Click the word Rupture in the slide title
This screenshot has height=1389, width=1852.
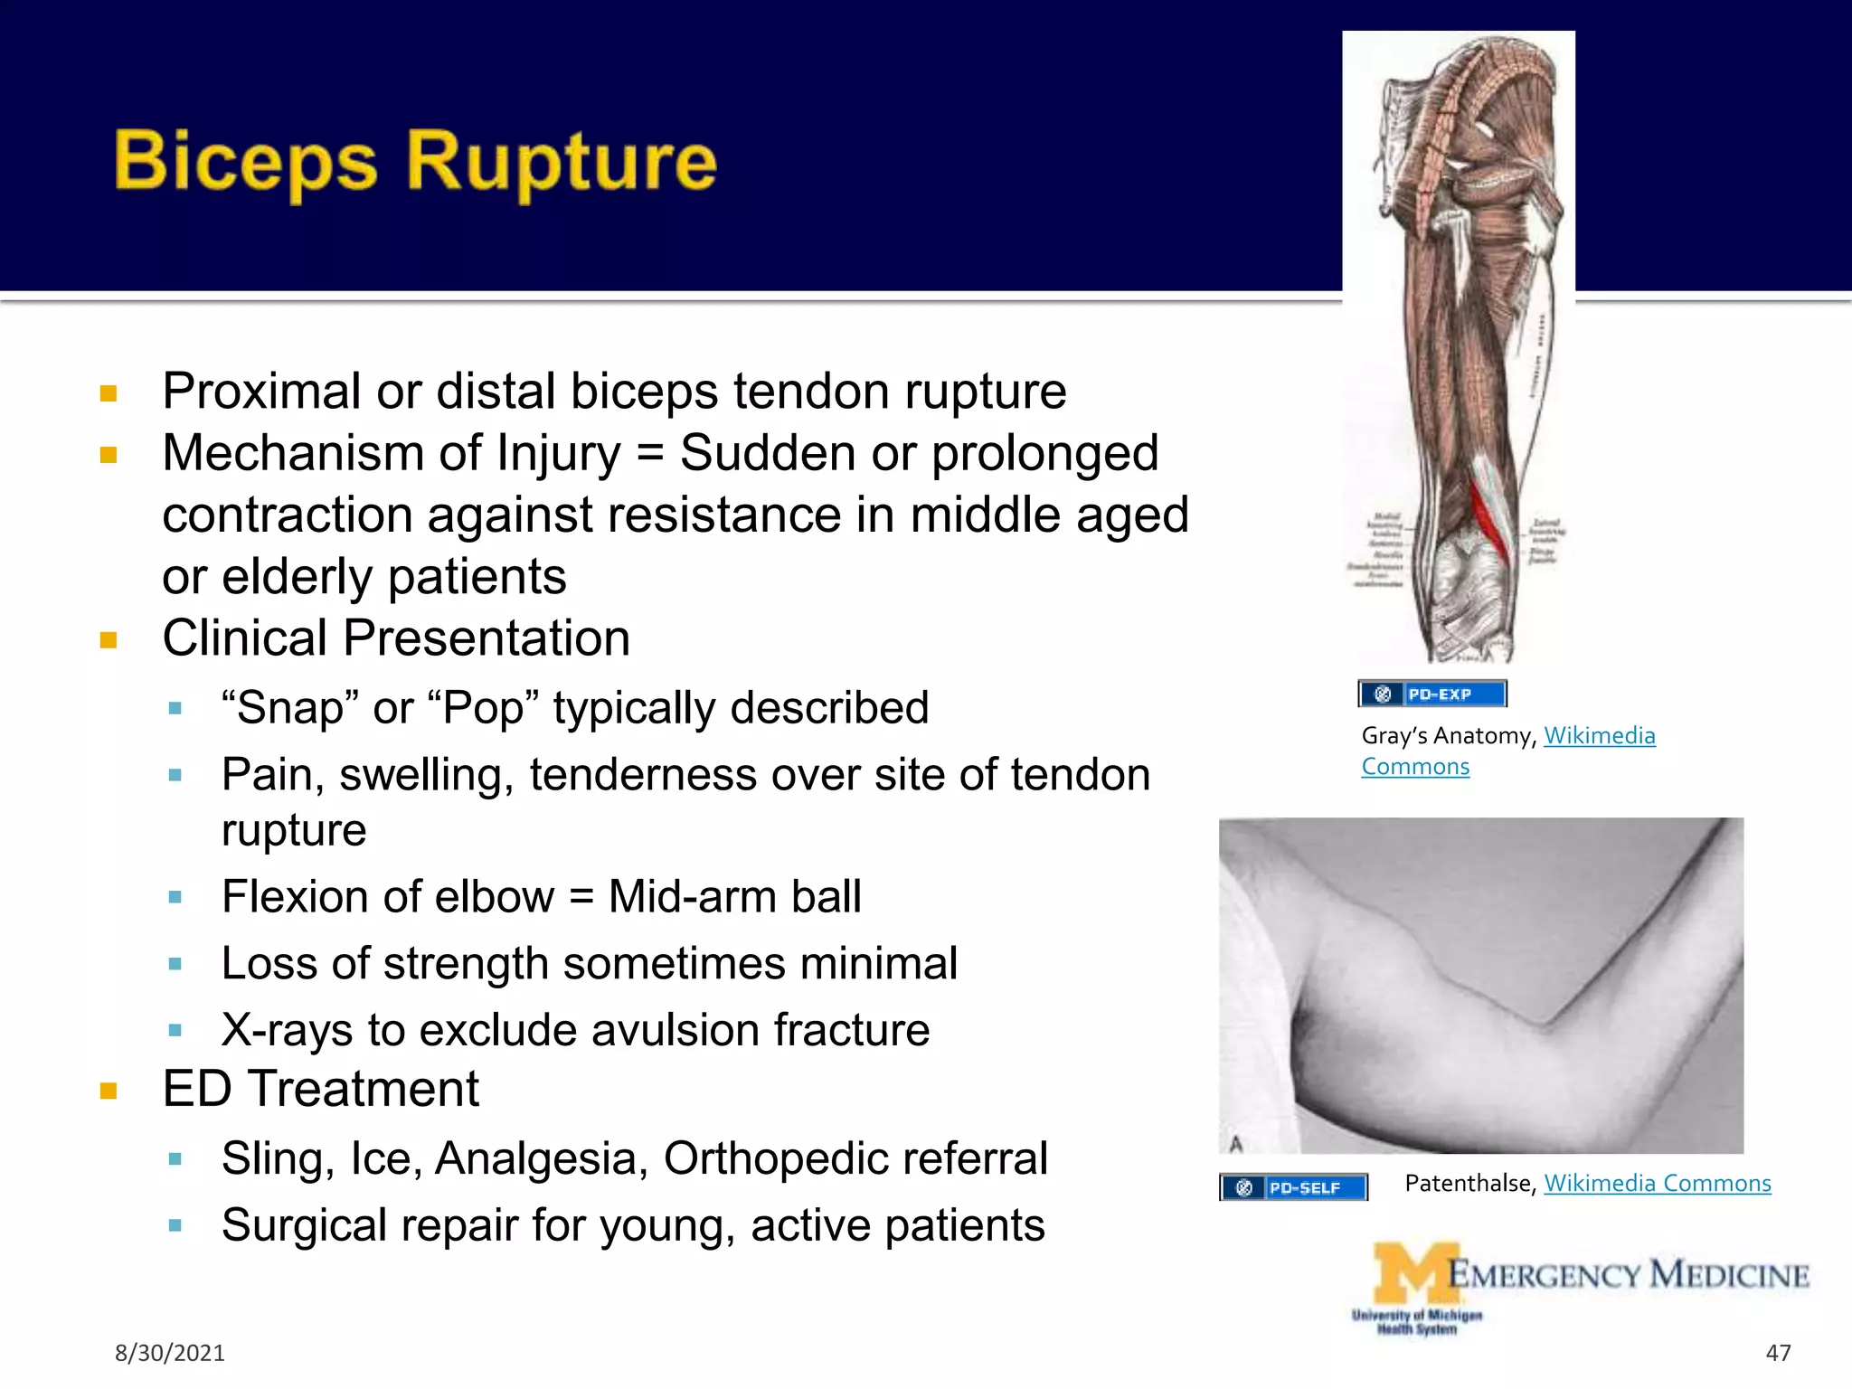561,163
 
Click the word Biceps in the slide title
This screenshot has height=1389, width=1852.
245,163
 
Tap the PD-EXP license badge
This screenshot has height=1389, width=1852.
1432,694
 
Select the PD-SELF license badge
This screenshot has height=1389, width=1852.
1293,1187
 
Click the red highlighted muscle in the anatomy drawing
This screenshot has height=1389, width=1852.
1487,520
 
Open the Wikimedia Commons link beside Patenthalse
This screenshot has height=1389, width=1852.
1657,1183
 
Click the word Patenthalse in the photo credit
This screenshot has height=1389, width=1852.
1469,1183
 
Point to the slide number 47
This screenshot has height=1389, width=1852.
1778,1353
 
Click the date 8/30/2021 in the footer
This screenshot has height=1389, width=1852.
169,1353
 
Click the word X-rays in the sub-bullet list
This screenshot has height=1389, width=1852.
286,1030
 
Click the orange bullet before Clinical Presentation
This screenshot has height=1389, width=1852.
109,640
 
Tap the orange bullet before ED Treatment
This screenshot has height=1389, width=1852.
109,1091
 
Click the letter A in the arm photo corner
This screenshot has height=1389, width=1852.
1236,1143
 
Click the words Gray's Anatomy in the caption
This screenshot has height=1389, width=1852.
1447,736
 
